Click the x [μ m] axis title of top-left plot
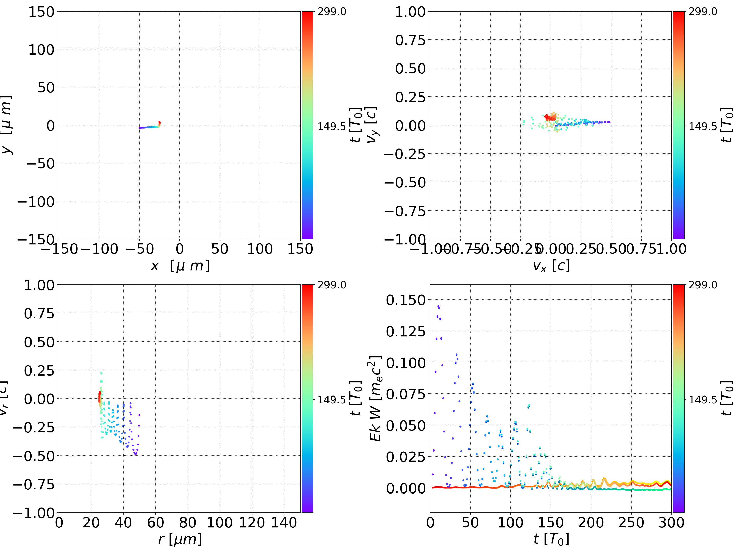(x=180, y=266)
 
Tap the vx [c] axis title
(x=551, y=266)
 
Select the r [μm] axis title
(x=180, y=539)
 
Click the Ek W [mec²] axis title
(x=376, y=398)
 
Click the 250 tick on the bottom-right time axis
(x=631, y=522)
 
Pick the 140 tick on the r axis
(x=284, y=522)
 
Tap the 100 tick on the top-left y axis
(x=41, y=50)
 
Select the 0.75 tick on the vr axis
(x=39, y=314)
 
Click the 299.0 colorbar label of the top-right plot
(x=703, y=12)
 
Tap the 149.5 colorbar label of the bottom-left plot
(x=332, y=399)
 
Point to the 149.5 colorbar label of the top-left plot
(x=332, y=126)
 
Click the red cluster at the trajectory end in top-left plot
(x=159, y=123)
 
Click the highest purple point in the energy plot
(x=438, y=306)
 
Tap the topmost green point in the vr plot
(x=101, y=373)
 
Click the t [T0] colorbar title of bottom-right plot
(x=727, y=398)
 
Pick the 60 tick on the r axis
(x=156, y=522)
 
